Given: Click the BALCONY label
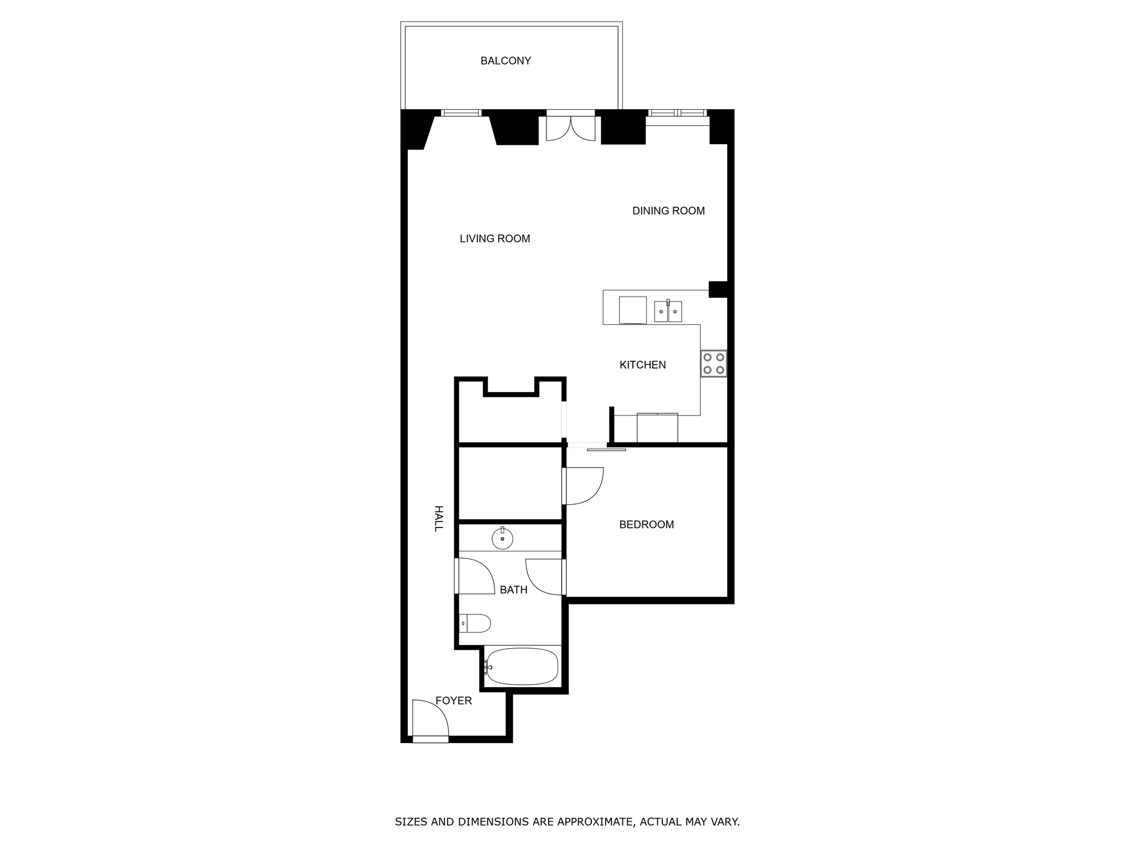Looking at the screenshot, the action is (x=505, y=61).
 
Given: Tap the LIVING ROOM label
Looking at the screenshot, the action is (x=495, y=239).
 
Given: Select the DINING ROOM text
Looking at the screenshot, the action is (x=668, y=211).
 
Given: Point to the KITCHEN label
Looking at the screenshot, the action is (x=642, y=365).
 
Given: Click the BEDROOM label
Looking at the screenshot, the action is (x=646, y=524).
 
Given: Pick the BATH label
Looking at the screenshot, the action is (x=513, y=590).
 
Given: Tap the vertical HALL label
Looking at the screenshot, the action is (x=438, y=519).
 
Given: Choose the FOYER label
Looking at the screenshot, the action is (x=453, y=701).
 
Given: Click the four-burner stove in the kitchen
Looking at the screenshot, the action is (x=713, y=364).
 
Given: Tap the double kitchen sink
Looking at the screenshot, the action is (x=668, y=311).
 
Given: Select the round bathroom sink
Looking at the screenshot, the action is (x=502, y=538).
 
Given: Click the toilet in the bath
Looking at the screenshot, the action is (x=475, y=623).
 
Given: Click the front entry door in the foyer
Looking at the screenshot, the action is (x=431, y=720).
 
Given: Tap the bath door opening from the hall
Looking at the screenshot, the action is (x=474, y=576).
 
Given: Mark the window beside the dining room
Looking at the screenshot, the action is (x=678, y=113).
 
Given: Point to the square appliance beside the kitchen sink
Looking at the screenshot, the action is (x=632, y=310).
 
